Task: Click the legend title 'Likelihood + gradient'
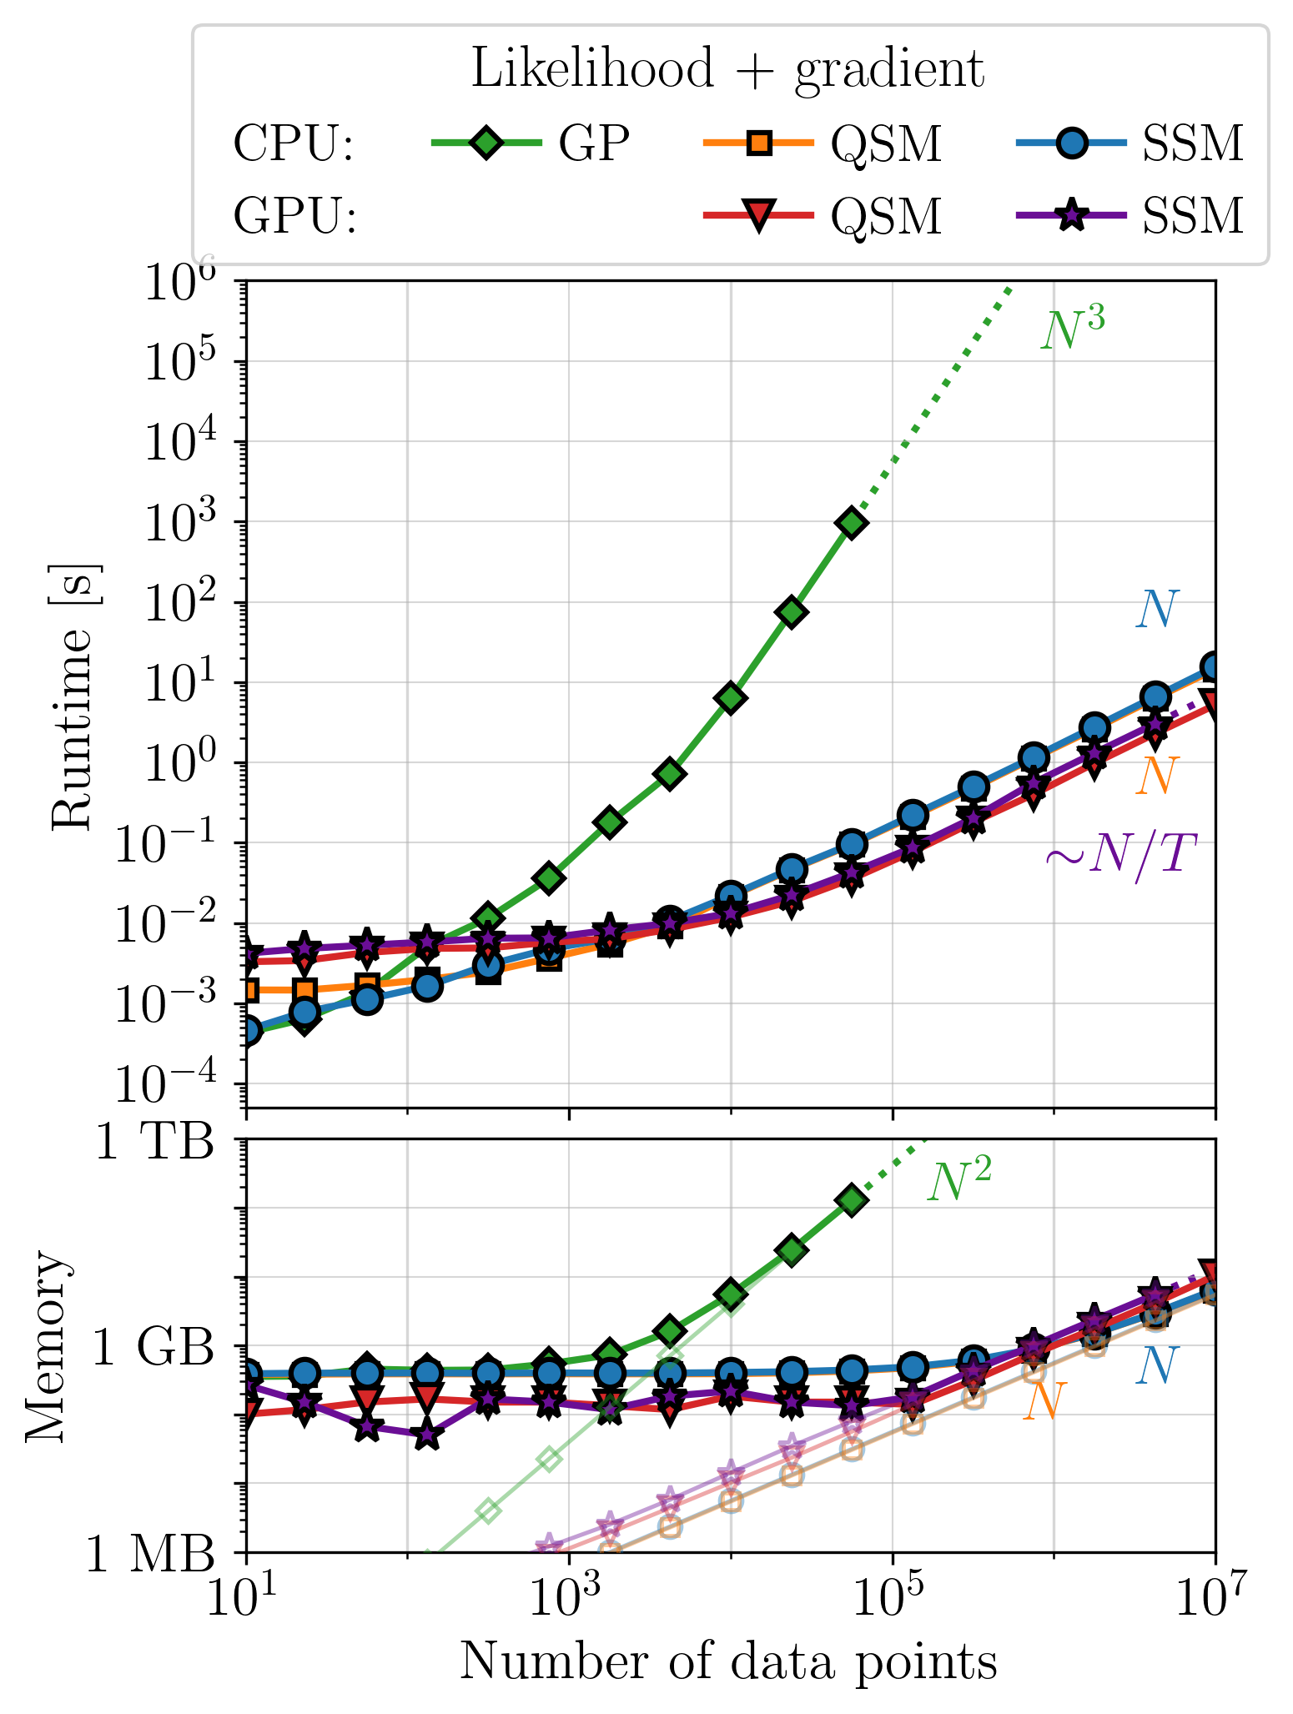pyautogui.click(x=727, y=70)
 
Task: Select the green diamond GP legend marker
pyautogui.click(x=486, y=143)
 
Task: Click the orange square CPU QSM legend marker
pyautogui.click(x=758, y=143)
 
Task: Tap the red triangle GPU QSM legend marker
pyautogui.click(x=758, y=216)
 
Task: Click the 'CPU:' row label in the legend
pyautogui.click(x=294, y=144)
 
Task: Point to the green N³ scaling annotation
pyautogui.click(x=1073, y=329)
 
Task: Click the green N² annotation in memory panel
pyautogui.click(x=959, y=1180)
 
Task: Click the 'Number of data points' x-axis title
pyautogui.click(x=729, y=1660)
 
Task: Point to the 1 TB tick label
pyautogui.click(x=154, y=1142)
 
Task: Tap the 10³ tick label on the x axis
pyautogui.click(x=570, y=1596)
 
